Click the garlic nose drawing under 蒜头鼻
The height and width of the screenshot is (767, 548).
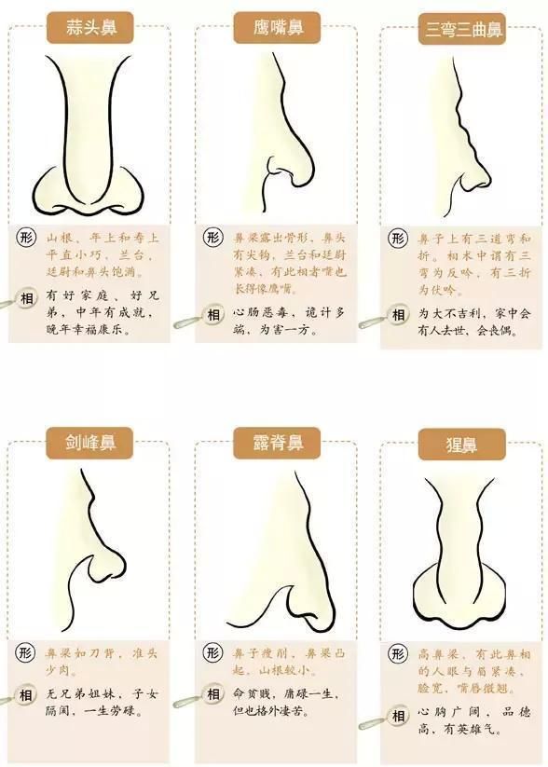[89, 140]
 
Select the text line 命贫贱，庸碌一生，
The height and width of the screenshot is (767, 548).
[285, 695]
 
